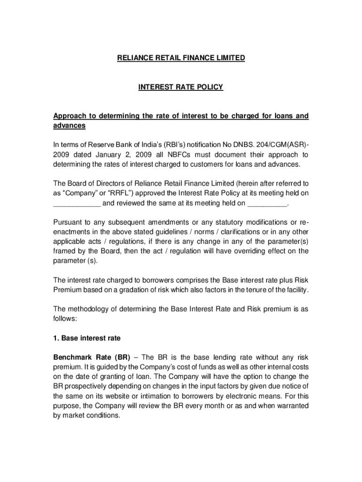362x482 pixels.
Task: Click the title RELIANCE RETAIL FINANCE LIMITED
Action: (181, 58)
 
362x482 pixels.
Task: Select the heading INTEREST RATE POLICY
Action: (181, 87)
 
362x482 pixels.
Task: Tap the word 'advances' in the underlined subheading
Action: (69, 126)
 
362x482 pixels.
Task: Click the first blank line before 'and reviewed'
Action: (77, 203)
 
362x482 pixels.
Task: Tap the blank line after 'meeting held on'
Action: (267, 203)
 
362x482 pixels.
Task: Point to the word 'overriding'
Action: (240, 251)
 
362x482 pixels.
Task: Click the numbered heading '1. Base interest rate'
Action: (87, 338)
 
